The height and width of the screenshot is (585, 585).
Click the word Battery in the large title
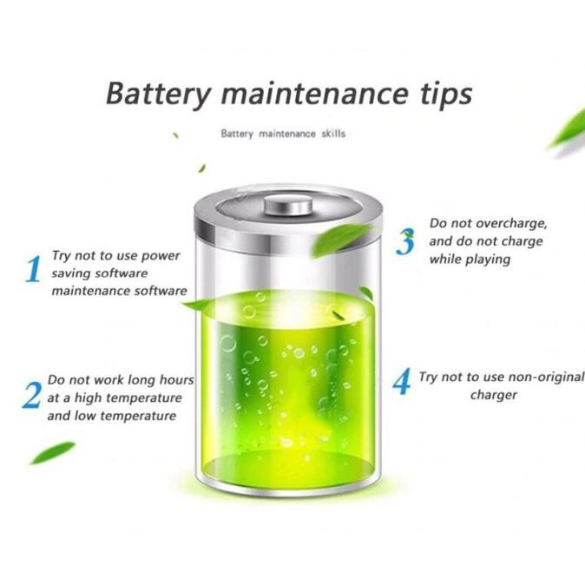click(x=154, y=93)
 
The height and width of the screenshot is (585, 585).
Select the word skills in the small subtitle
click(x=332, y=134)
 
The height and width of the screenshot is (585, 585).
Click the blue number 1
click(x=33, y=270)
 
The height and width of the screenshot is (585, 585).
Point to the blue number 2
click(x=31, y=396)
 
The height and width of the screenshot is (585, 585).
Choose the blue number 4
click(x=401, y=381)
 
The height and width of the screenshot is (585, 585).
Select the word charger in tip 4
click(x=494, y=395)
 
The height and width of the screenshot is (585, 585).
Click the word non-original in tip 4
click(x=540, y=377)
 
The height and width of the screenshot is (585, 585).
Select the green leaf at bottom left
click(x=53, y=452)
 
